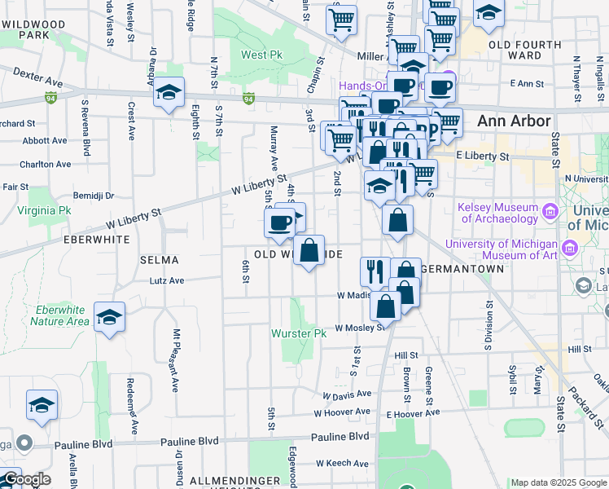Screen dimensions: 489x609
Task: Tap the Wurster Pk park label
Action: pyautogui.click(x=298, y=334)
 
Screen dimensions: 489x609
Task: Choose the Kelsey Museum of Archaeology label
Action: pyautogui.click(x=498, y=213)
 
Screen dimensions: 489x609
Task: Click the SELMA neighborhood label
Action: pyautogui.click(x=159, y=259)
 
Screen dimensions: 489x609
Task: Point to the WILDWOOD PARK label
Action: pyautogui.click(x=33, y=30)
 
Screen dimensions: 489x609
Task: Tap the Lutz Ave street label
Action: pyautogui.click(x=167, y=280)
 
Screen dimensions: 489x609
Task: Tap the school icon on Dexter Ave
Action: pyautogui.click(x=169, y=92)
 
